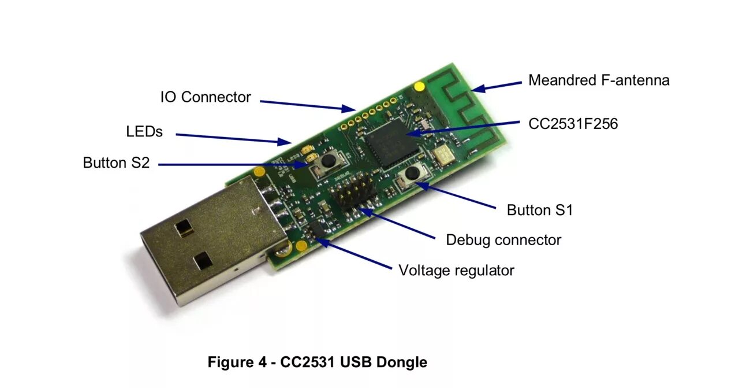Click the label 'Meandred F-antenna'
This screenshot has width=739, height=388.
point(599,80)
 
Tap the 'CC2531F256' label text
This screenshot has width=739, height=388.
point(573,124)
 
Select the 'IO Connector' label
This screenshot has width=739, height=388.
point(206,97)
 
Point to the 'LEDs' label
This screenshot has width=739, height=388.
point(144,132)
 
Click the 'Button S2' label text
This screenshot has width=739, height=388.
point(116,163)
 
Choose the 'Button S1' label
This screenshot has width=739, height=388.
point(539,210)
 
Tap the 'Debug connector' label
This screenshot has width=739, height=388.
point(503,240)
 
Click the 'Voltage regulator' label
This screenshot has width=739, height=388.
point(456,270)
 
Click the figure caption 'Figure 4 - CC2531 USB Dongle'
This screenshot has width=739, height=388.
point(318,363)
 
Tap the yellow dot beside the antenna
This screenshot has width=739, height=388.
point(420,87)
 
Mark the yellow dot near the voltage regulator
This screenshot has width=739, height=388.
point(301,246)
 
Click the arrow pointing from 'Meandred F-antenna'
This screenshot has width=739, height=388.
point(497,86)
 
